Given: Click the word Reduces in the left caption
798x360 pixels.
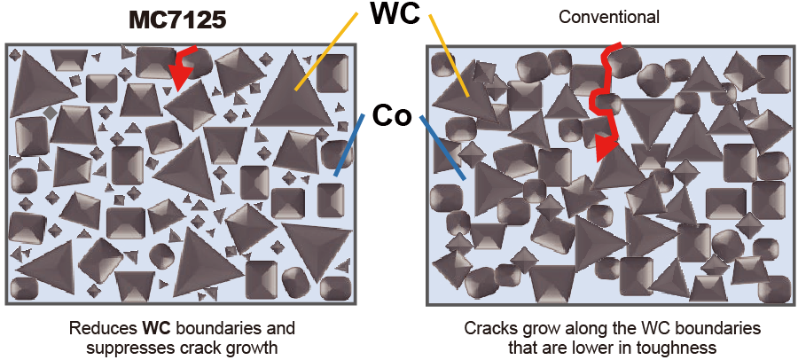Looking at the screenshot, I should [x=99, y=328].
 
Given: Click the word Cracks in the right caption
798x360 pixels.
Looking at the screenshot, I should [x=489, y=328].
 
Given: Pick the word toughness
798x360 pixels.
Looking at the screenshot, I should [x=673, y=347].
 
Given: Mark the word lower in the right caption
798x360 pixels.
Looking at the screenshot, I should [x=594, y=347].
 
